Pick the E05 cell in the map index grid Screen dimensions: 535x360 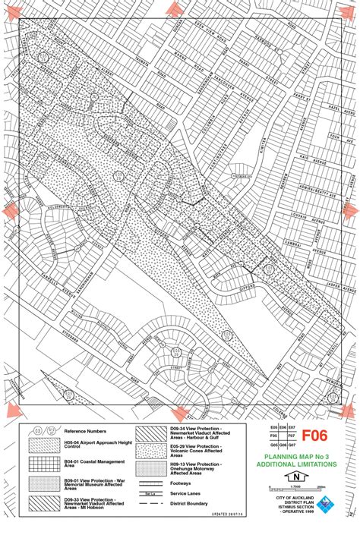(x=273, y=428)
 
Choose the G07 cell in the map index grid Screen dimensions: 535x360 (x=290, y=445)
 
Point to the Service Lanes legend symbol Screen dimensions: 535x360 (x=151, y=493)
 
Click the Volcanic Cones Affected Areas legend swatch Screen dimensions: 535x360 (x=151, y=450)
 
